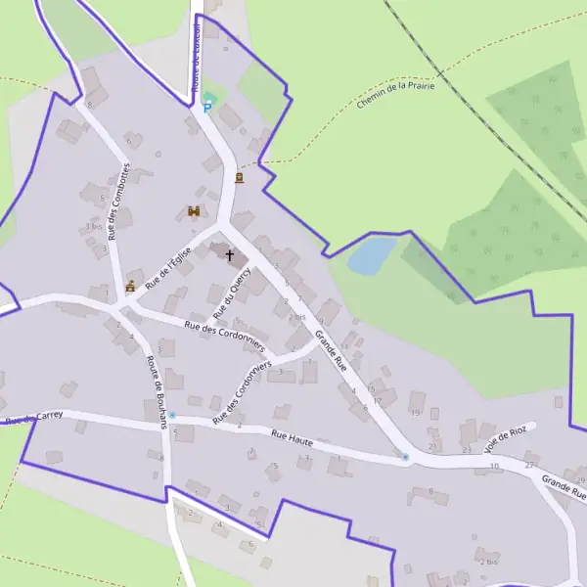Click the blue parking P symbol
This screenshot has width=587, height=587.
[206, 108]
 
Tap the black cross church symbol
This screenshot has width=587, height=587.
[230, 255]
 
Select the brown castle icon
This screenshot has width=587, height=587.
[194, 211]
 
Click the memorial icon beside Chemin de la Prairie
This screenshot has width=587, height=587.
[240, 178]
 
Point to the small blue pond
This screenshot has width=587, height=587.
[372, 255]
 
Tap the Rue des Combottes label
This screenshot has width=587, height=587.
[118, 203]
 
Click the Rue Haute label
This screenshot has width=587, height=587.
[292, 437]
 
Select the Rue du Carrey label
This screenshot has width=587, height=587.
[35, 418]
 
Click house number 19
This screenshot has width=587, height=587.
[415, 413]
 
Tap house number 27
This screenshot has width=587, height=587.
[529, 464]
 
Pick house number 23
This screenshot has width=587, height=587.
[467, 449]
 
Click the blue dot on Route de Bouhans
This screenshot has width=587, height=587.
[172, 416]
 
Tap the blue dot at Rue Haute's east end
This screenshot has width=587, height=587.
[405, 457]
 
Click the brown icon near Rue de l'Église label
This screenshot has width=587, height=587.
[129, 287]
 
